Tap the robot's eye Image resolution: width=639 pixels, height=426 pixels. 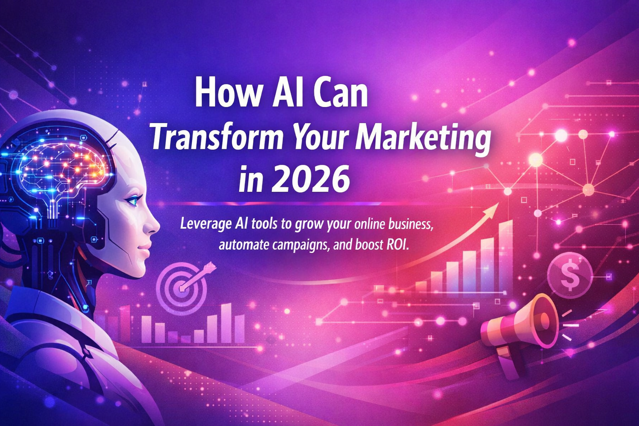tap(133, 201)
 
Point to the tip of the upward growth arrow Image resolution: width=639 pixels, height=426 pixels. tap(497, 205)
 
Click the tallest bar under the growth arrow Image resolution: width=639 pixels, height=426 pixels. tap(506, 256)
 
